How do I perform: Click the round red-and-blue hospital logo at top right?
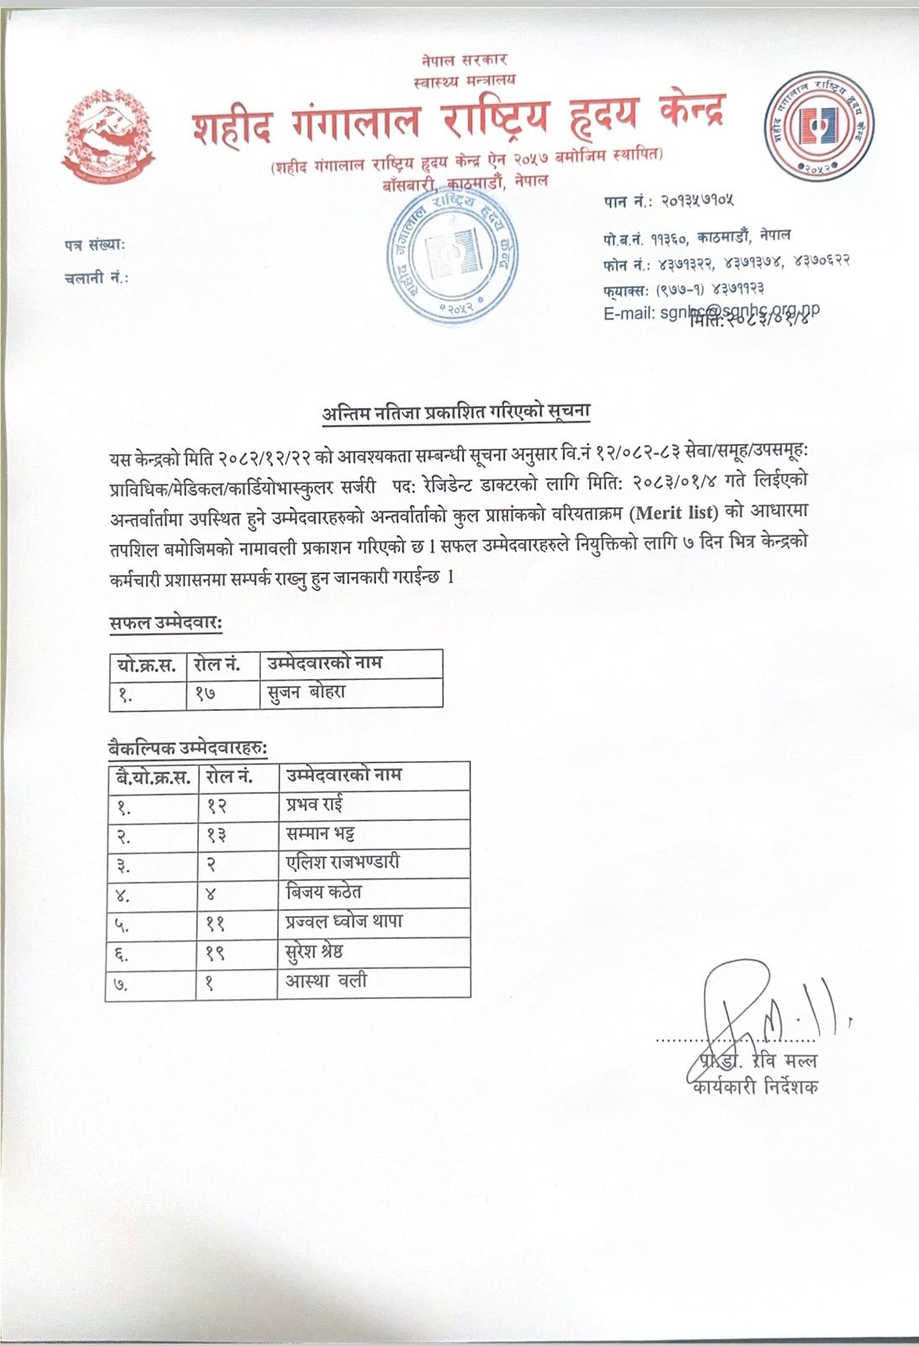(818, 125)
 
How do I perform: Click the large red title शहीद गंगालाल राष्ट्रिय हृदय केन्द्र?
(459, 120)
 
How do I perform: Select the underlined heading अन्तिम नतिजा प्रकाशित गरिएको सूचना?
(455, 412)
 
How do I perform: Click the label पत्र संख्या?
(94, 245)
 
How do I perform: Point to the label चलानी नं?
(96, 278)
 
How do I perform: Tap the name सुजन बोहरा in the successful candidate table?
(305, 692)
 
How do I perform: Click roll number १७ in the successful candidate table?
(205, 693)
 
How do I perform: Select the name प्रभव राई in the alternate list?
(314, 804)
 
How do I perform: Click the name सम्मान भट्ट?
(320, 834)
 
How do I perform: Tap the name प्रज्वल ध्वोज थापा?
(344, 921)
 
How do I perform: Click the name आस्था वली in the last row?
(326, 981)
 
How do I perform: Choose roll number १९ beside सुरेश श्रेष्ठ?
(215, 952)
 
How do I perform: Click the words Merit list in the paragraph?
(675, 511)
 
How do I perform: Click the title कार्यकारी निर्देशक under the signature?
(755, 1087)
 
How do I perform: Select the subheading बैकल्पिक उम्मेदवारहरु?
(189, 747)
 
